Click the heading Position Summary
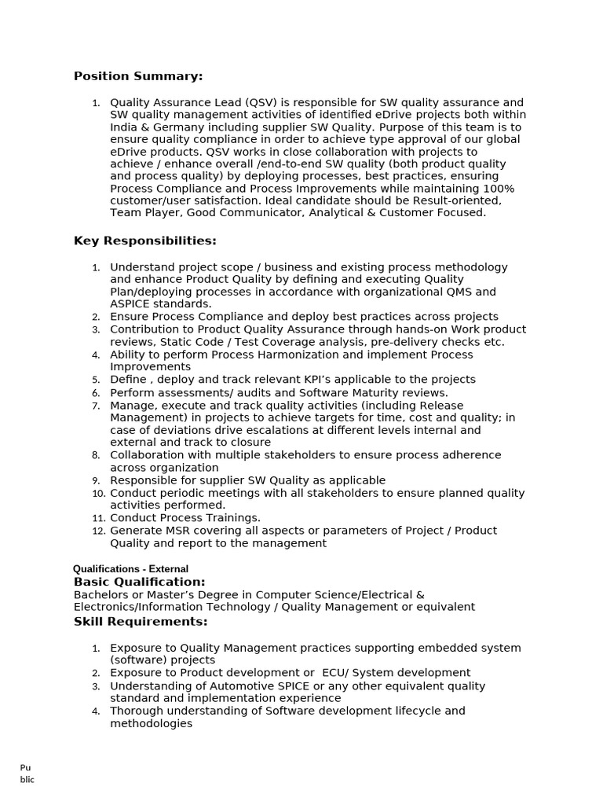point(138,76)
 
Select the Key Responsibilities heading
point(144,241)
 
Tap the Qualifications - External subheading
point(130,569)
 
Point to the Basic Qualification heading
point(139,582)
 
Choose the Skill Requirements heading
point(141,622)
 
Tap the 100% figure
point(499,189)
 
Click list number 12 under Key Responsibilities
point(98,531)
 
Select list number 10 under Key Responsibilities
point(98,494)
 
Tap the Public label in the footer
point(27,774)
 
